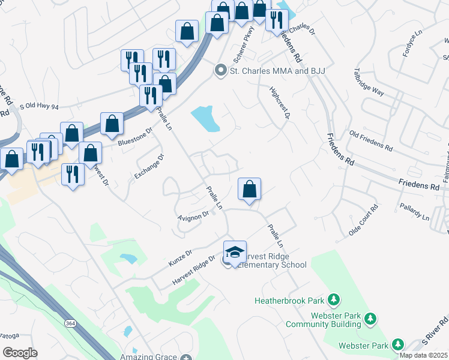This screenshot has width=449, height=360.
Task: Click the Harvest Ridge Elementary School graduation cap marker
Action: pos(235,251)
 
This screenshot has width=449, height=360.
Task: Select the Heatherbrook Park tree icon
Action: pos(334,299)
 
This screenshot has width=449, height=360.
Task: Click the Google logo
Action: pos(20,353)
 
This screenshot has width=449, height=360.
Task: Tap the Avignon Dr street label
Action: pos(193,215)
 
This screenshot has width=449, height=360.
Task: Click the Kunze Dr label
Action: pos(179,257)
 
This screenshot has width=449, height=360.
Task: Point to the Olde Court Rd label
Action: pos(364,220)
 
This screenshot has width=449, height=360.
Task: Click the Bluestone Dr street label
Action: pos(136,139)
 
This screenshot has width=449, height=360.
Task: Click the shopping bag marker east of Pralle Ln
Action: pos(249,188)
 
